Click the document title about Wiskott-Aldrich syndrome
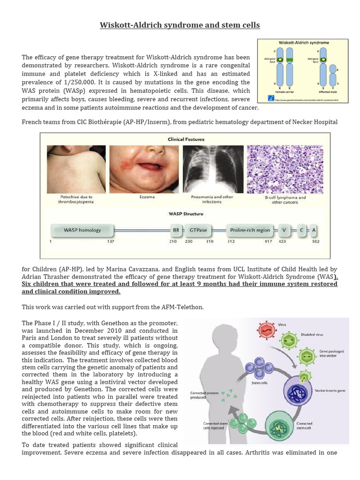180,25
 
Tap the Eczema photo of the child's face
144,169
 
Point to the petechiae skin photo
76,169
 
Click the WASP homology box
82,230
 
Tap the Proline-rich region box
250,230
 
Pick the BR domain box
176,230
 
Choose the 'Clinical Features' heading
186,139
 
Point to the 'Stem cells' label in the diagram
259,382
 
